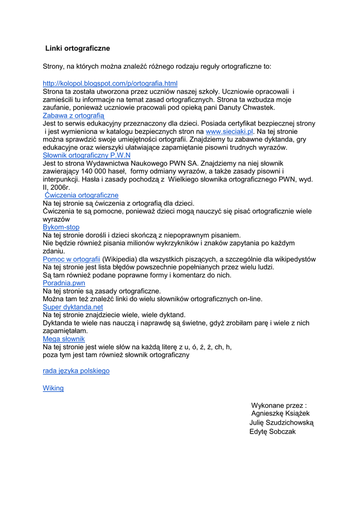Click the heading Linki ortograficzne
coord(77,49)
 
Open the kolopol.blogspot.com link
coord(110,83)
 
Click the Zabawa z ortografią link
coord(73,116)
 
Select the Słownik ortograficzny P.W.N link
coord(87,155)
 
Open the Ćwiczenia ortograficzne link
coord(82,195)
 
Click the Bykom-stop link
coord(61,227)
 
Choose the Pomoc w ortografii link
coord(72,259)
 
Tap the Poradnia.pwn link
coord(64,283)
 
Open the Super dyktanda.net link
coord(73,307)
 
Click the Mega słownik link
coord(64,339)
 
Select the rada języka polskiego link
coord(76,371)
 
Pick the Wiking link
coord(53,388)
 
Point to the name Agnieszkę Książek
coord(281,413)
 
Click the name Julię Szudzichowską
coord(282,423)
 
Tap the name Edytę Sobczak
coord(273,432)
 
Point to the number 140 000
coord(94,172)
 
